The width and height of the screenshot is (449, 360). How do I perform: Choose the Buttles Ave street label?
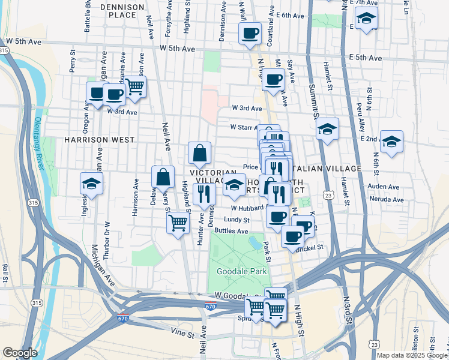[231, 230]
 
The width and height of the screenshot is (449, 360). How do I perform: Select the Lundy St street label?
[237, 220]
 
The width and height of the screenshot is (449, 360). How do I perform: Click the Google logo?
[20, 353]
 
